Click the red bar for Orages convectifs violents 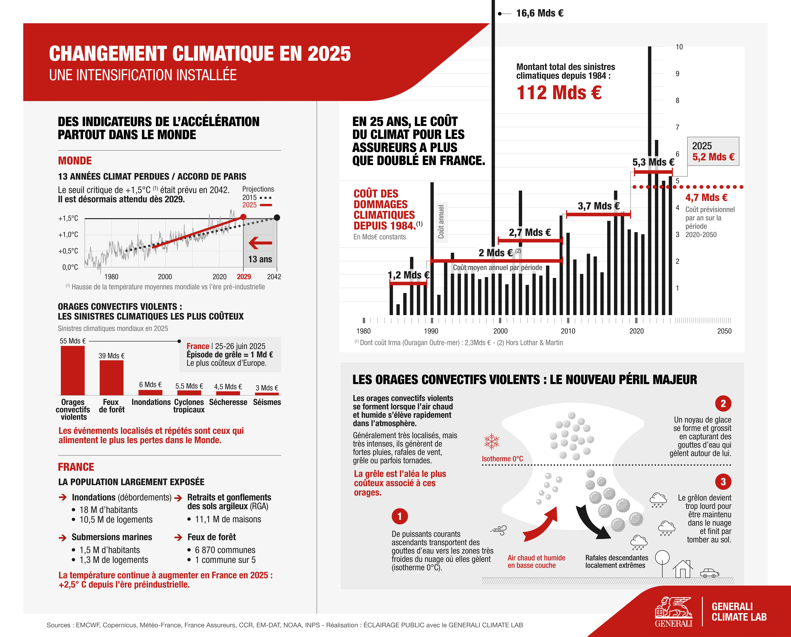click(x=73, y=370)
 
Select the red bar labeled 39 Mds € click(x=112, y=378)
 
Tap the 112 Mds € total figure click(x=559, y=92)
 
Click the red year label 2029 click(x=244, y=277)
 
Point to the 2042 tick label click(x=274, y=277)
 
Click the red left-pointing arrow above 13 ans click(x=260, y=243)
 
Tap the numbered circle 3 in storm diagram click(x=723, y=482)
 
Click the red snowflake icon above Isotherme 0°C click(x=492, y=441)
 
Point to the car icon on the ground click(x=709, y=573)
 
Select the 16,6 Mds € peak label click(x=539, y=13)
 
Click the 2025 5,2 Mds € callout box click(x=713, y=151)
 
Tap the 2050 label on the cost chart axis click(x=724, y=331)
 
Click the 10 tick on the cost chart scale click(x=679, y=47)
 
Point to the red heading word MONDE click(x=75, y=161)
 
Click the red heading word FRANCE click(x=76, y=467)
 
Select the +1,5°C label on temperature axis click(x=68, y=218)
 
